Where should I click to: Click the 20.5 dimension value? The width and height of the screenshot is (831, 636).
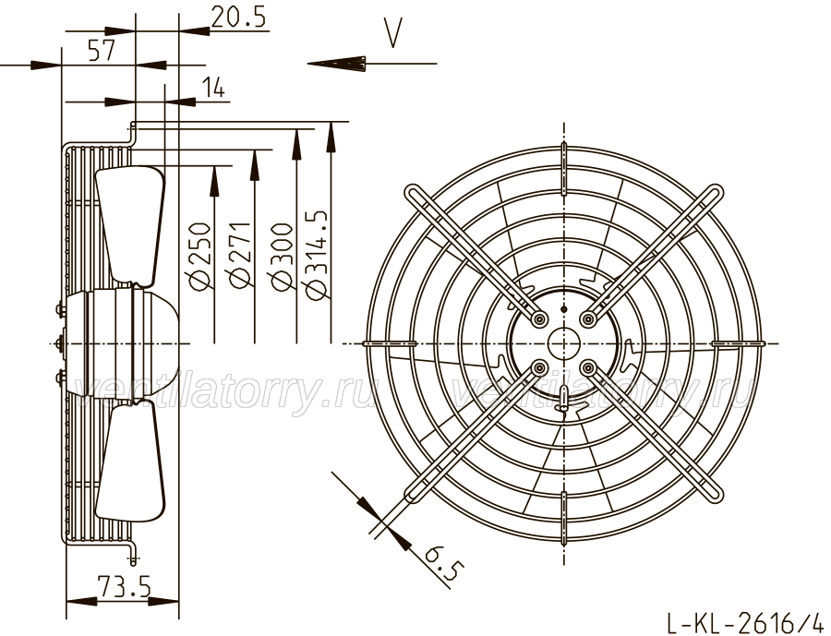point(238,17)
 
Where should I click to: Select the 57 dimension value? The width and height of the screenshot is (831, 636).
point(102,51)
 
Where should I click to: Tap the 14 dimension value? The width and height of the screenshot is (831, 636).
point(213,87)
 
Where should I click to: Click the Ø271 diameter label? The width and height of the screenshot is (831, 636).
point(239,256)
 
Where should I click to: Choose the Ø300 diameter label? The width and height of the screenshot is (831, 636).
point(282,257)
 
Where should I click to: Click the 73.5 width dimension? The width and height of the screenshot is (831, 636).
point(124,587)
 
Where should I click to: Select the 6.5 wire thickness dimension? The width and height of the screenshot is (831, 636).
point(444,567)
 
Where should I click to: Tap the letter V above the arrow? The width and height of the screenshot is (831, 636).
point(393,33)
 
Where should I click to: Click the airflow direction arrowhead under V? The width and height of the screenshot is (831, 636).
point(336,63)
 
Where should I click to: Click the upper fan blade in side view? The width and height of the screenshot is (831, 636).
point(131,222)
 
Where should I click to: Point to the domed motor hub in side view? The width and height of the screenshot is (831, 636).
point(132,342)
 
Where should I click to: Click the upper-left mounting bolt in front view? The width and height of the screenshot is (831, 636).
point(540,319)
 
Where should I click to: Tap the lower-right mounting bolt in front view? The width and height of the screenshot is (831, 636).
point(587,367)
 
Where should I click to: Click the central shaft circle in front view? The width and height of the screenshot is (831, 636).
point(564,343)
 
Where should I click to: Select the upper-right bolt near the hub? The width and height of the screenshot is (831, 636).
point(587,319)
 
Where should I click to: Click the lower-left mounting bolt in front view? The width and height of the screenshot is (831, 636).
point(540,367)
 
